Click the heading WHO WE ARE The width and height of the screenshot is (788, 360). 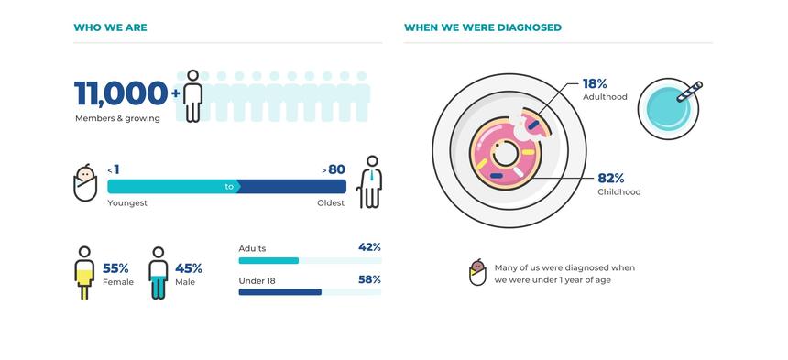pos(110,27)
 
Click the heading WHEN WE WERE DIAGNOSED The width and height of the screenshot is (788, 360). pos(482,27)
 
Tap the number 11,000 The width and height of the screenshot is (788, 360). pos(120,93)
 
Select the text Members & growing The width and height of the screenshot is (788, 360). pos(117,118)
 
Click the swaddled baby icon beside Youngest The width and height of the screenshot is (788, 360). pos(85,183)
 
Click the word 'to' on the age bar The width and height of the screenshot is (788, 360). pos(230,187)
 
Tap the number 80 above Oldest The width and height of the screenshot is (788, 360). pos(336,169)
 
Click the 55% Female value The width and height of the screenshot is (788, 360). pos(115,268)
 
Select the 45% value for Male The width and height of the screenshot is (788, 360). pos(188,268)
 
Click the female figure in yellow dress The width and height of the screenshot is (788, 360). pos(84,272)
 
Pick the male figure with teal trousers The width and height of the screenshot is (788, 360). pos(159,272)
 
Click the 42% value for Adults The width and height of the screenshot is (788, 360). pos(369,247)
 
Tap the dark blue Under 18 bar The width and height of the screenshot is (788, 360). pos(279,292)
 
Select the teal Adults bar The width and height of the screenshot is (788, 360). pos(268,261)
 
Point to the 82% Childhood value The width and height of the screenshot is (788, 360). pos(611,178)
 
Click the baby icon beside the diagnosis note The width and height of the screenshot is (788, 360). pos(476,273)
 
